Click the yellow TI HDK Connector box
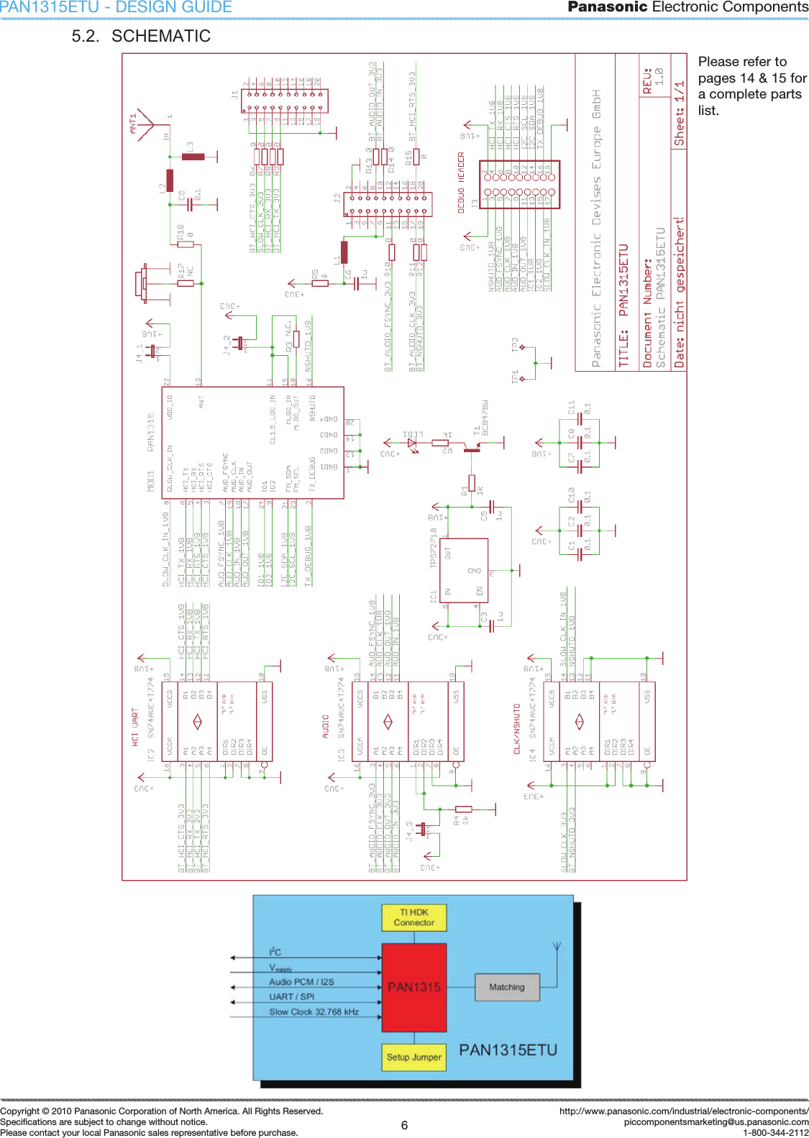pyautogui.click(x=413, y=917)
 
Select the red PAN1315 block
pyautogui.click(x=414, y=986)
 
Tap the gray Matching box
pyautogui.click(x=507, y=987)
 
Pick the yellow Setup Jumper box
pyautogui.click(x=413, y=1057)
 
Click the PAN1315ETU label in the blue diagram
pyautogui.click(x=508, y=1050)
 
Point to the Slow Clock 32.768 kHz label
pyautogui.click(x=314, y=1011)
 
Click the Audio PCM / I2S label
pyautogui.click(x=301, y=981)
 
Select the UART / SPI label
pyautogui.click(x=291, y=996)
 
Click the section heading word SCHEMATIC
pyautogui.click(x=161, y=36)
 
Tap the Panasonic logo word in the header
pyautogui.click(x=607, y=7)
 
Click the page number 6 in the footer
pyautogui.click(x=404, y=1125)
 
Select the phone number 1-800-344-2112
pyautogui.click(x=775, y=1132)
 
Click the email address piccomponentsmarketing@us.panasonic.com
pyautogui.click(x=716, y=1121)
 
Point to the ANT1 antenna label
pyautogui.click(x=133, y=123)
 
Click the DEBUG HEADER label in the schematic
pyautogui.click(x=462, y=182)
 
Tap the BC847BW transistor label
pyautogui.click(x=485, y=418)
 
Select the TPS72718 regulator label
pyautogui.click(x=433, y=549)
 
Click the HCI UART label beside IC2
pyautogui.click(x=135, y=727)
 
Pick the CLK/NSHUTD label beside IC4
pyautogui.click(x=516, y=729)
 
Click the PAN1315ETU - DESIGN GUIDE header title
pyautogui.click(x=116, y=7)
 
